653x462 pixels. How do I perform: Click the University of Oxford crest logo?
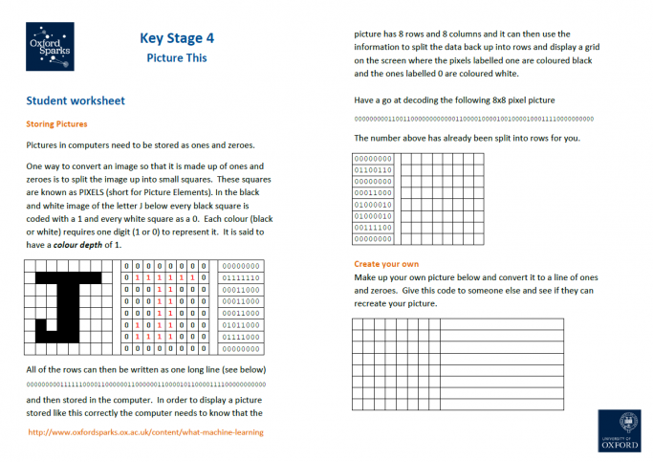click(x=622, y=429)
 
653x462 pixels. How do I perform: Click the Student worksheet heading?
click(x=76, y=100)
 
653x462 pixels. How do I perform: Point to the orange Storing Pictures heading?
click(x=56, y=123)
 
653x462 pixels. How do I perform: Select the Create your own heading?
click(x=386, y=264)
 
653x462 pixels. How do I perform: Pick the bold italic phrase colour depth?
click(x=81, y=245)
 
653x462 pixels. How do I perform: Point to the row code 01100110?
click(x=373, y=170)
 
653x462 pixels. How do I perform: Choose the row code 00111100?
click(x=373, y=228)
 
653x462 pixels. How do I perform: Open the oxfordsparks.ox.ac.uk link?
click(x=146, y=432)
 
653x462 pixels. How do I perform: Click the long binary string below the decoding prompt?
click(x=473, y=120)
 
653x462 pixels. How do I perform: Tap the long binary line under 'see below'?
click(x=146, y=385)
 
